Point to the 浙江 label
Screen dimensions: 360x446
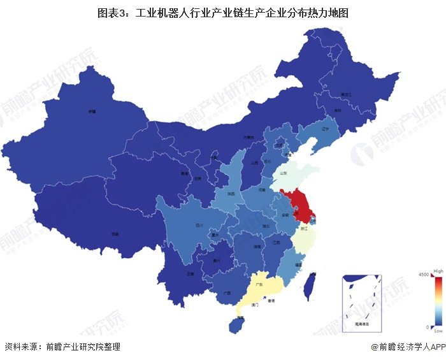click(x=304, y=227)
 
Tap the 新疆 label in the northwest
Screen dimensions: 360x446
click(x=92, y=111)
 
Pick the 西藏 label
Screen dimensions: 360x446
click(x=115, y=233)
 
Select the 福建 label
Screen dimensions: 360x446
click(x=298, y=263)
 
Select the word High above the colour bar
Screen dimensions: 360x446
click(x=438, y=271)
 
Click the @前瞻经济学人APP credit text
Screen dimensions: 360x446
click(x=407, y=347)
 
